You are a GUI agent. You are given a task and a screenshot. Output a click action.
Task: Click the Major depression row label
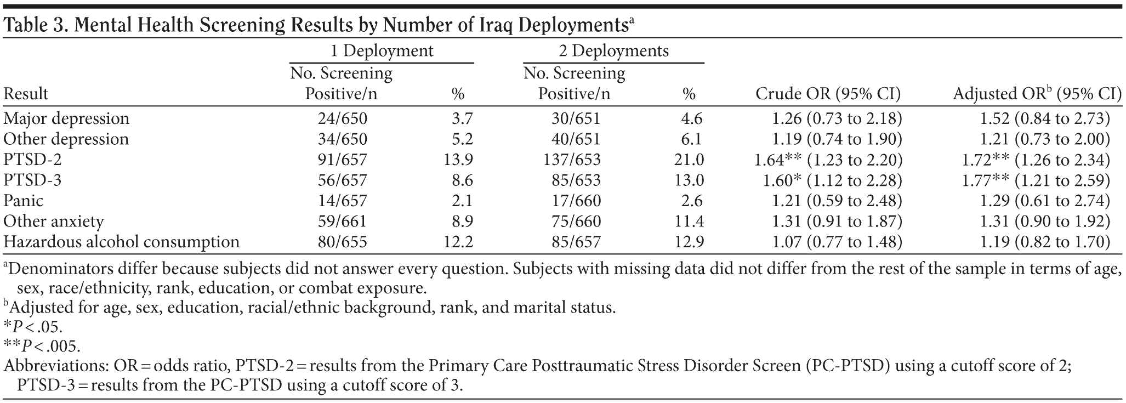pos(66,118)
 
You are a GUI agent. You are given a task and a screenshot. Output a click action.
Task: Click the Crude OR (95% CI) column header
pos(828,94)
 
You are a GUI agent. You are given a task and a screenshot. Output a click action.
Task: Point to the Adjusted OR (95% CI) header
pos(1037,94)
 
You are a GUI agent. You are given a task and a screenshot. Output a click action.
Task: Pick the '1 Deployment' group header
pos(382,51)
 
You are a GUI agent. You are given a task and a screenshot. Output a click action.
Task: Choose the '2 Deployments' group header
pos(613,51)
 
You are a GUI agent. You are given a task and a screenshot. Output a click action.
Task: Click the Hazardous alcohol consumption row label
pos(121,242)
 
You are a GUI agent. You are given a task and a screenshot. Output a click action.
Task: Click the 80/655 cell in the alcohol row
pos(342,242)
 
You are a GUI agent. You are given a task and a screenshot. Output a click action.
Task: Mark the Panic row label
pos(23,201)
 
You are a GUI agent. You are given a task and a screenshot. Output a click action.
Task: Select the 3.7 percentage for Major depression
pos(461,118)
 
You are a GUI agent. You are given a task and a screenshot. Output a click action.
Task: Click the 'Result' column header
pos(26,94)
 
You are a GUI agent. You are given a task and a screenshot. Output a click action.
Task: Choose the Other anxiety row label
pos(53,222)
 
